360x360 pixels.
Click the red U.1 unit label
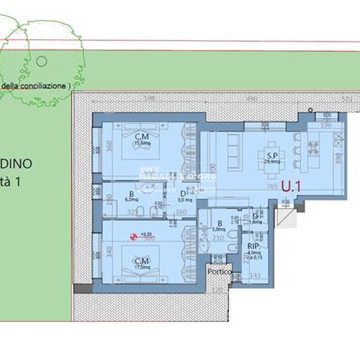point(292,186)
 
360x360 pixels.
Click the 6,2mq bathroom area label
point(132,199)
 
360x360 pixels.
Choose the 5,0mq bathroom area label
point(219,230)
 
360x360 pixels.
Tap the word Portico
point(219,271)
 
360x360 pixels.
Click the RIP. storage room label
point(253,245)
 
